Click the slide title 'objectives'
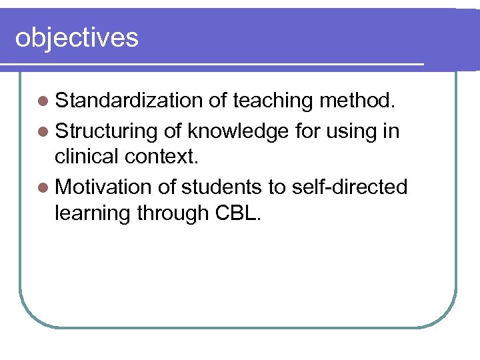(77, 38)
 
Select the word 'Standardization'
(129, 101)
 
